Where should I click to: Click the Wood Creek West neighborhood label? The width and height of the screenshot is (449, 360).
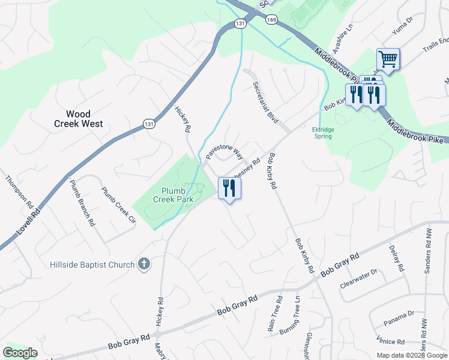pyautogui.click(x=78, y=119)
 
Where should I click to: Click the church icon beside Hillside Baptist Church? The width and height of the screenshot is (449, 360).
pyautogui.click(x=143, y=264)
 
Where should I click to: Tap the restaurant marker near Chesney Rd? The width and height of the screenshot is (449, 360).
pyautogui.click(x=229, y=188)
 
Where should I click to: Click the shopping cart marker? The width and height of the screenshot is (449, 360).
pyautogui.click(x=388, y=59)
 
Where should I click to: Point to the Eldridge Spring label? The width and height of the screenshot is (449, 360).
pyautogui.click(x=326, y=132)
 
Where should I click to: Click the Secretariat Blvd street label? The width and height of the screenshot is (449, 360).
pyautogui.click(x=265, y=102)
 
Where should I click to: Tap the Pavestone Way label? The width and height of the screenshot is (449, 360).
pyautogui.click(x=224, y=146)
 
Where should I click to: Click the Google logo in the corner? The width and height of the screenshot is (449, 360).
pyautogui.click(x=20, y=353)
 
